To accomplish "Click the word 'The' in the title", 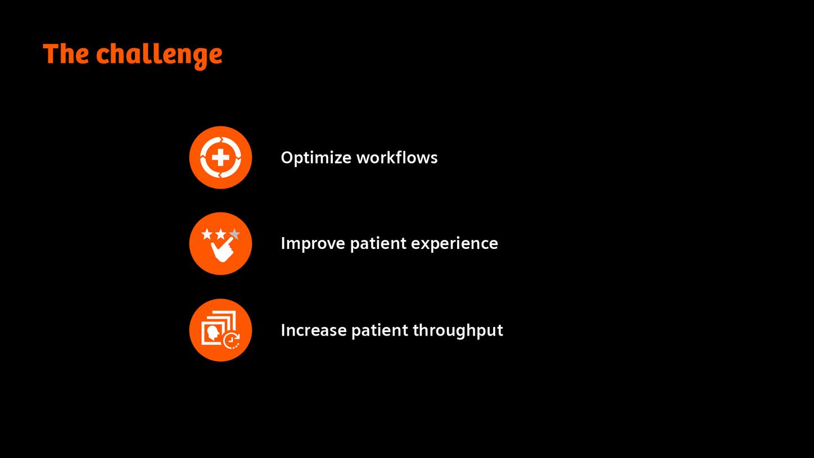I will click(66, 54).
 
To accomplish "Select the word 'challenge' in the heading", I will click(159, 55).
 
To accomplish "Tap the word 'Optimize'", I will click(316, 157).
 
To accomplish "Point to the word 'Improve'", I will click(313, 243).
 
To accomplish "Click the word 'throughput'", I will click(458, 330).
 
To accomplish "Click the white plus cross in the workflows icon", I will click(220, 157).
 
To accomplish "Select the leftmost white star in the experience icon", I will click(207, 234).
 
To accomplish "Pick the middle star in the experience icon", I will click(220, 234).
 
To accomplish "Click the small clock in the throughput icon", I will click(231, 341).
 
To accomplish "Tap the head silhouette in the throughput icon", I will click(213, 333).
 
